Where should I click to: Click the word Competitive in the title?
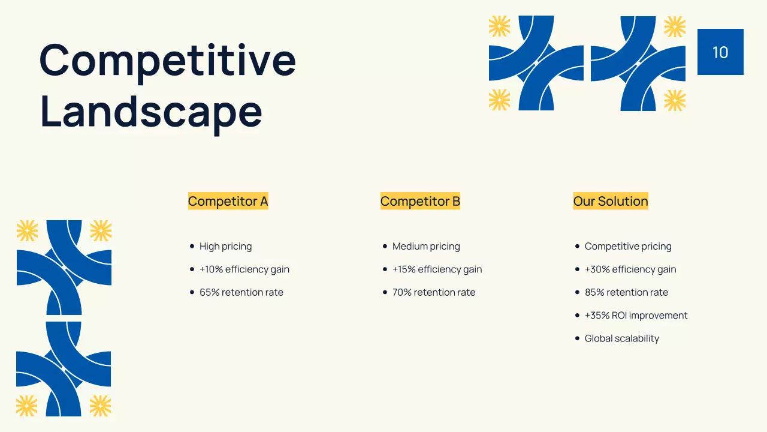point(167,61)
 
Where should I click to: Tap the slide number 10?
point(720,52)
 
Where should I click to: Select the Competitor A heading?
point(228,202)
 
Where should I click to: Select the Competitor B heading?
point(420,202)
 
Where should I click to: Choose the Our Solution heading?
point(611,202)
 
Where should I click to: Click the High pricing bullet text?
point(225,247)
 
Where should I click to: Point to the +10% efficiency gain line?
point(244,269)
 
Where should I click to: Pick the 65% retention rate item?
point(241,293)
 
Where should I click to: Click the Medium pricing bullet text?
point(426,247)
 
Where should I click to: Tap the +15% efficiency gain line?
point(437,269)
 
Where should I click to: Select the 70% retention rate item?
point(433,293)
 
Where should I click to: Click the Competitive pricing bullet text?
point(628,247)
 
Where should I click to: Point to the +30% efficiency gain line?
point(630,269)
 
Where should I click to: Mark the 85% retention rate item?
point(626,293)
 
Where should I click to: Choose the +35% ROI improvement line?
point(636,316)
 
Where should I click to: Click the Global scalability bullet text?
point(621,338)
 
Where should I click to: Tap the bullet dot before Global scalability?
point(577,338)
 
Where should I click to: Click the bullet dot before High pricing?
point(192,246)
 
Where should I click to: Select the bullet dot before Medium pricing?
point(385,246)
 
